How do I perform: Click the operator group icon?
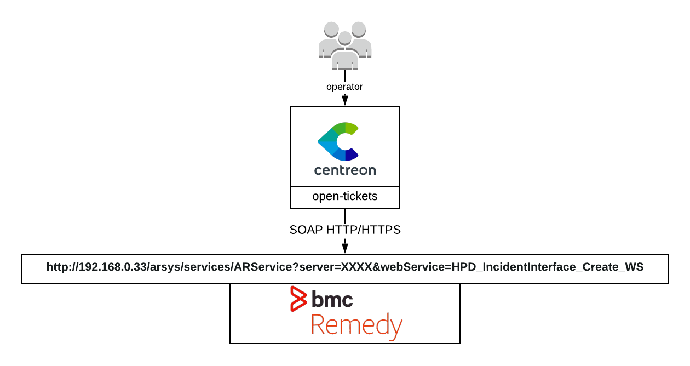point(345,46)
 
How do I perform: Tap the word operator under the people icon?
point(344,87)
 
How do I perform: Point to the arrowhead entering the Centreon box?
point(345,100)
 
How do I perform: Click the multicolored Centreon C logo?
point(338,141)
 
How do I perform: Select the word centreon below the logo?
point(345,170)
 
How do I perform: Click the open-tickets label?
point(345,196)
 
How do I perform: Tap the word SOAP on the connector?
point(307,230)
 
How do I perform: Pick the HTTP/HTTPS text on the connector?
point(364,230)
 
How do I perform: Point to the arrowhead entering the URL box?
point(345,248)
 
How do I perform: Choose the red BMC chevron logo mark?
point(298,299)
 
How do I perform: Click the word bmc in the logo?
point(332,299)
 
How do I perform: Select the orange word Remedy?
point(357,325)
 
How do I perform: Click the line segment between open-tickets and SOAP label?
point(345,216)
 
